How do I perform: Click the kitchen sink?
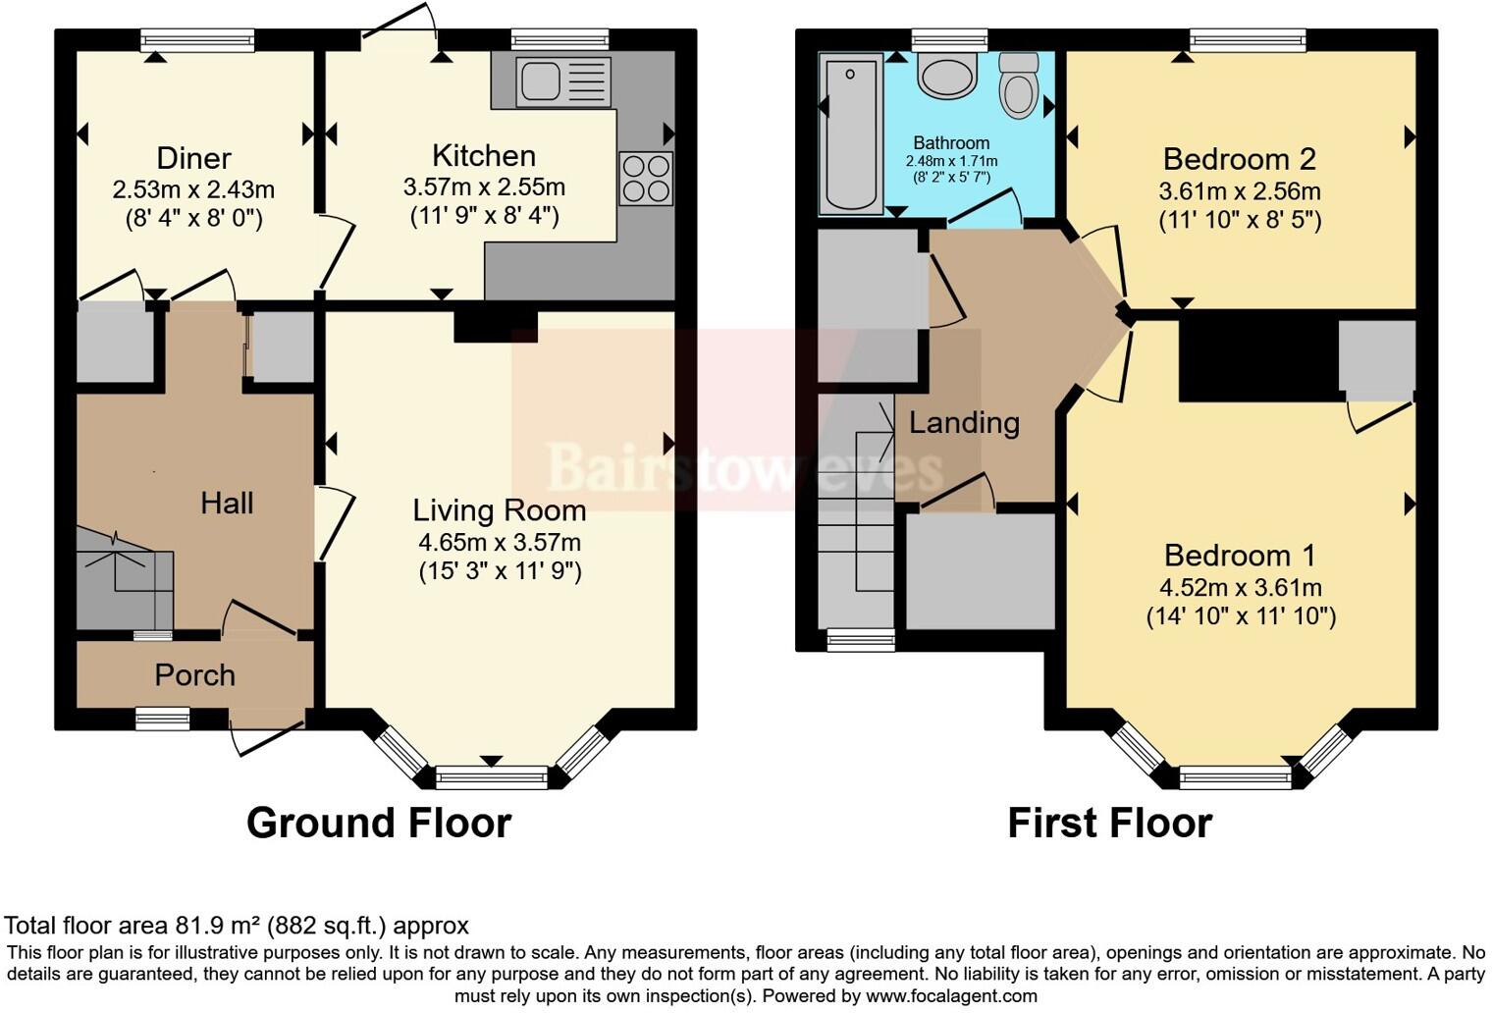(x=563, y=80)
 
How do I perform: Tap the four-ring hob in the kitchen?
(x=646, y=179)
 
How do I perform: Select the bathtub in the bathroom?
(x=850, y=133)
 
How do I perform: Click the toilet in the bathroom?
(x=1019, y=85)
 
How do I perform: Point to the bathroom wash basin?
(x=947, y=77)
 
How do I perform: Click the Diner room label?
(x=193, y=158)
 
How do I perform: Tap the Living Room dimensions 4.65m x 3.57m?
(x=499, y=543)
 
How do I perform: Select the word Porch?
(x=194, y=675)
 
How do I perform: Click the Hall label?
(x=227, y=504)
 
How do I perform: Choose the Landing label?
(x=964, y=423)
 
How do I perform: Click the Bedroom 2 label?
(x=1239, y=159)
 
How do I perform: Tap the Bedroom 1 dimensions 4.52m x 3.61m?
(x=1241, y=588)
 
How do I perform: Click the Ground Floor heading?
(x=379, y=823)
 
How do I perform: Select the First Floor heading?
(x=1109, y=823)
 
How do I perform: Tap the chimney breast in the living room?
(x=495, y=326)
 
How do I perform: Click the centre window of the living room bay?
(x=492, y=778)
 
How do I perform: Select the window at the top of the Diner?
(x=197, y=39)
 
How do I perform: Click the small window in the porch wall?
(x=162, y=720)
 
